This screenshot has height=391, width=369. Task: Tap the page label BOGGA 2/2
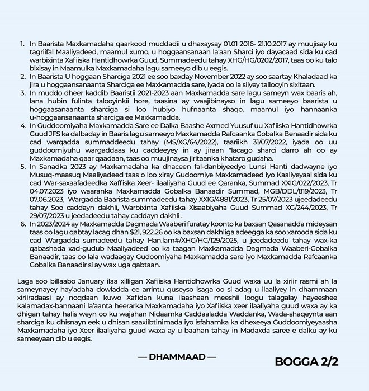306,361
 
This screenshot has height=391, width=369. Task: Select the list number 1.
21,43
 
